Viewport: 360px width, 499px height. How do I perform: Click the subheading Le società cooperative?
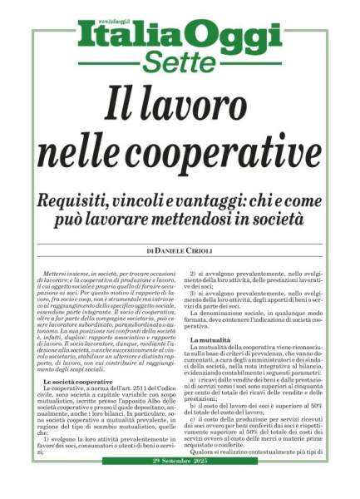click(80, 381)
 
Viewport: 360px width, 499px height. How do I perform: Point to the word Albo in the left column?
click(135, 405)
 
